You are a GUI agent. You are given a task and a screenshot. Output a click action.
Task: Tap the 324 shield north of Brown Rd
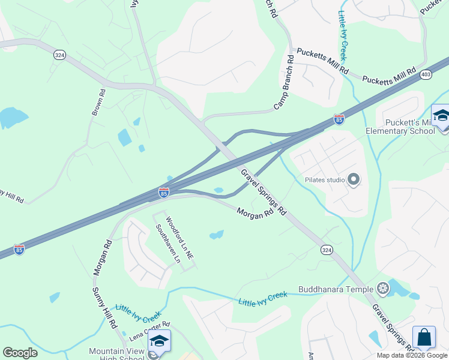coord(59,55)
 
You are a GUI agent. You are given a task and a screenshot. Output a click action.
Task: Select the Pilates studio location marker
coord(354,179)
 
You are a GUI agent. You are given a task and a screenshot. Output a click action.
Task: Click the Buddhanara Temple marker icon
coord(382,289)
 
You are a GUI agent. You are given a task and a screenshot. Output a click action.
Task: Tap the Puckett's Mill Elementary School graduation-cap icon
coord(441,116)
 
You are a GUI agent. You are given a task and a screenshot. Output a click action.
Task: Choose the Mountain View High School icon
coord(159,341)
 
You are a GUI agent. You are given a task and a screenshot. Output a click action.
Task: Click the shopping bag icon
coord(424,337)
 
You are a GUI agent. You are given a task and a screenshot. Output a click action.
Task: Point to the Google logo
coord(20,353)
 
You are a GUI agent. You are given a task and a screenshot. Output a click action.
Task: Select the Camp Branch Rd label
coord(286,82)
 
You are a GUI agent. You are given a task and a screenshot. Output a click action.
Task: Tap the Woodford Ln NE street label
coord(179,238)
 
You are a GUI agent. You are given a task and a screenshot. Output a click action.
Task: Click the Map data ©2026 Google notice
coord(412,355)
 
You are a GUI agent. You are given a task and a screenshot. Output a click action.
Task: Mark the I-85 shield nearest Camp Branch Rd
coord(339,119)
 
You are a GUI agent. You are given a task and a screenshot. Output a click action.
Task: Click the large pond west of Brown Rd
coord(12,117)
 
